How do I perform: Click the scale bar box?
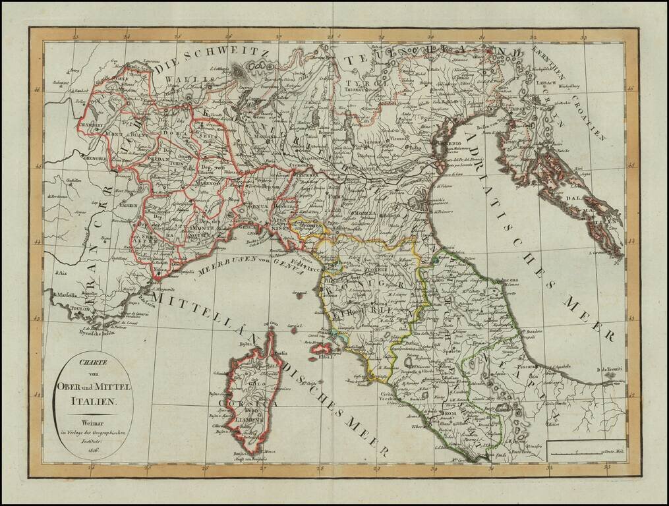(x=587, y=449)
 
